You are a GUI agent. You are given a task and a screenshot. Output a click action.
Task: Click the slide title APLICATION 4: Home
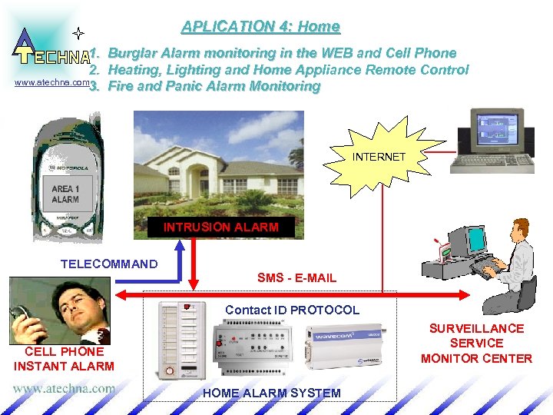click(260, 27)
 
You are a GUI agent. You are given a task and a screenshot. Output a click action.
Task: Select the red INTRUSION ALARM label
click(220, 227)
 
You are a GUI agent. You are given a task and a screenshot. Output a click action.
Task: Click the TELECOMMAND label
click(109, 264)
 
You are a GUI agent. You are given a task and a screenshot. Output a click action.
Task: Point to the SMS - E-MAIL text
click(296, 277)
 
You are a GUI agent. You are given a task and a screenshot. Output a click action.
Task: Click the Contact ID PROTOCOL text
click(292, 310)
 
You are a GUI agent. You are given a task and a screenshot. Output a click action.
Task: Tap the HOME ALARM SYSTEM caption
click(271, 393)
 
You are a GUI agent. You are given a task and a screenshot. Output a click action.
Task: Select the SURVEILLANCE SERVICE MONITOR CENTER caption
click(476, 344)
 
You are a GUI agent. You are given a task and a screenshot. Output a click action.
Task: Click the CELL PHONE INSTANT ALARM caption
click(64, 359)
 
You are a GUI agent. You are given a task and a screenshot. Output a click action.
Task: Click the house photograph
click(218, 164)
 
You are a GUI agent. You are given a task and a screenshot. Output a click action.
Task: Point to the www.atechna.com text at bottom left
click(63, 388)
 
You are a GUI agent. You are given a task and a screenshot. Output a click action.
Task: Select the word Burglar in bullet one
click(134, 53)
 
